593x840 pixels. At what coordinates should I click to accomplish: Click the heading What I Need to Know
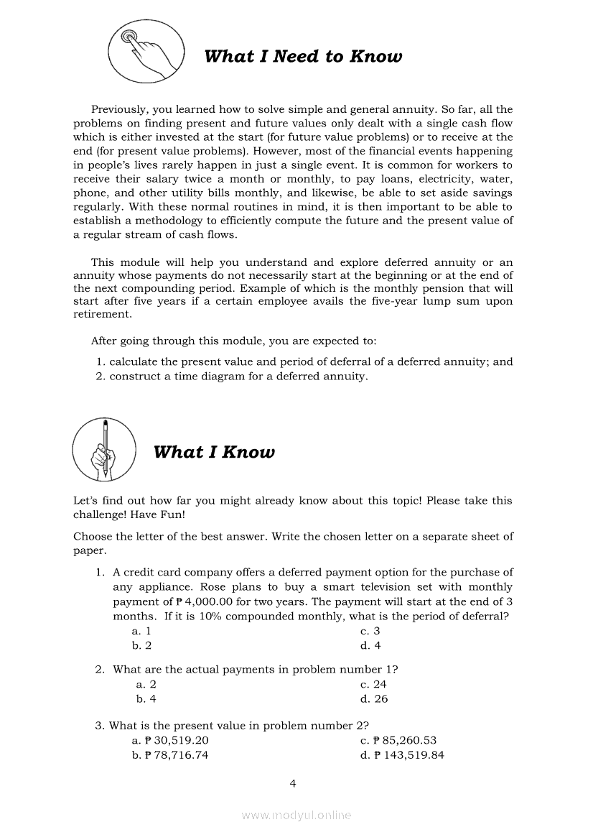click(303, 57)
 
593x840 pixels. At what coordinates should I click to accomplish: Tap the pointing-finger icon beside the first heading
click(146, 50)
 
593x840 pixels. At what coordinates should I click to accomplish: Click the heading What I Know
click(214, 452)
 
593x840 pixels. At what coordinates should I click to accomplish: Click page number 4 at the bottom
click(292, 783)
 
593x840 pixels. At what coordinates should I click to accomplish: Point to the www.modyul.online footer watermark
click(296, 815)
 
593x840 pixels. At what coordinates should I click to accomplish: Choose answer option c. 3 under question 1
click(370, 631)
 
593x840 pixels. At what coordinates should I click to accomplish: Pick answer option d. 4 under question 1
click(370, 645)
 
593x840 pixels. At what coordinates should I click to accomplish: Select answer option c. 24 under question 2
click(373, 684)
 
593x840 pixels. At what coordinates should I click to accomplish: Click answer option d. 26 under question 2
click(373, 698)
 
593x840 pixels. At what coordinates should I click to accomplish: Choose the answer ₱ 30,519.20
click(170, 740)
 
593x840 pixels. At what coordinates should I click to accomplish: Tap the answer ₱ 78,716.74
click(170, 754)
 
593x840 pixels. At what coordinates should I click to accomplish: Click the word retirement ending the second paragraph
click(103, 314)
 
